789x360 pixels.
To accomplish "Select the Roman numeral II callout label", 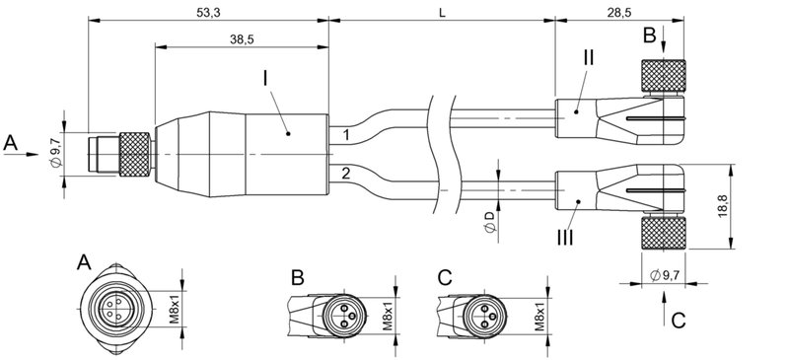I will pos(588,57).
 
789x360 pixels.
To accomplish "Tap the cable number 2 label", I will pos(346,174).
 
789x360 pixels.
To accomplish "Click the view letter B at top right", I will pos(649,36).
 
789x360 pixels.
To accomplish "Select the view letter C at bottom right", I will pos(678,319).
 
